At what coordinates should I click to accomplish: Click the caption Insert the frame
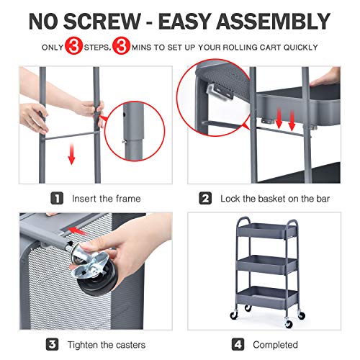click(x=106, y=198)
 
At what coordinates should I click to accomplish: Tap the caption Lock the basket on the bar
click(x=270, y=198)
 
